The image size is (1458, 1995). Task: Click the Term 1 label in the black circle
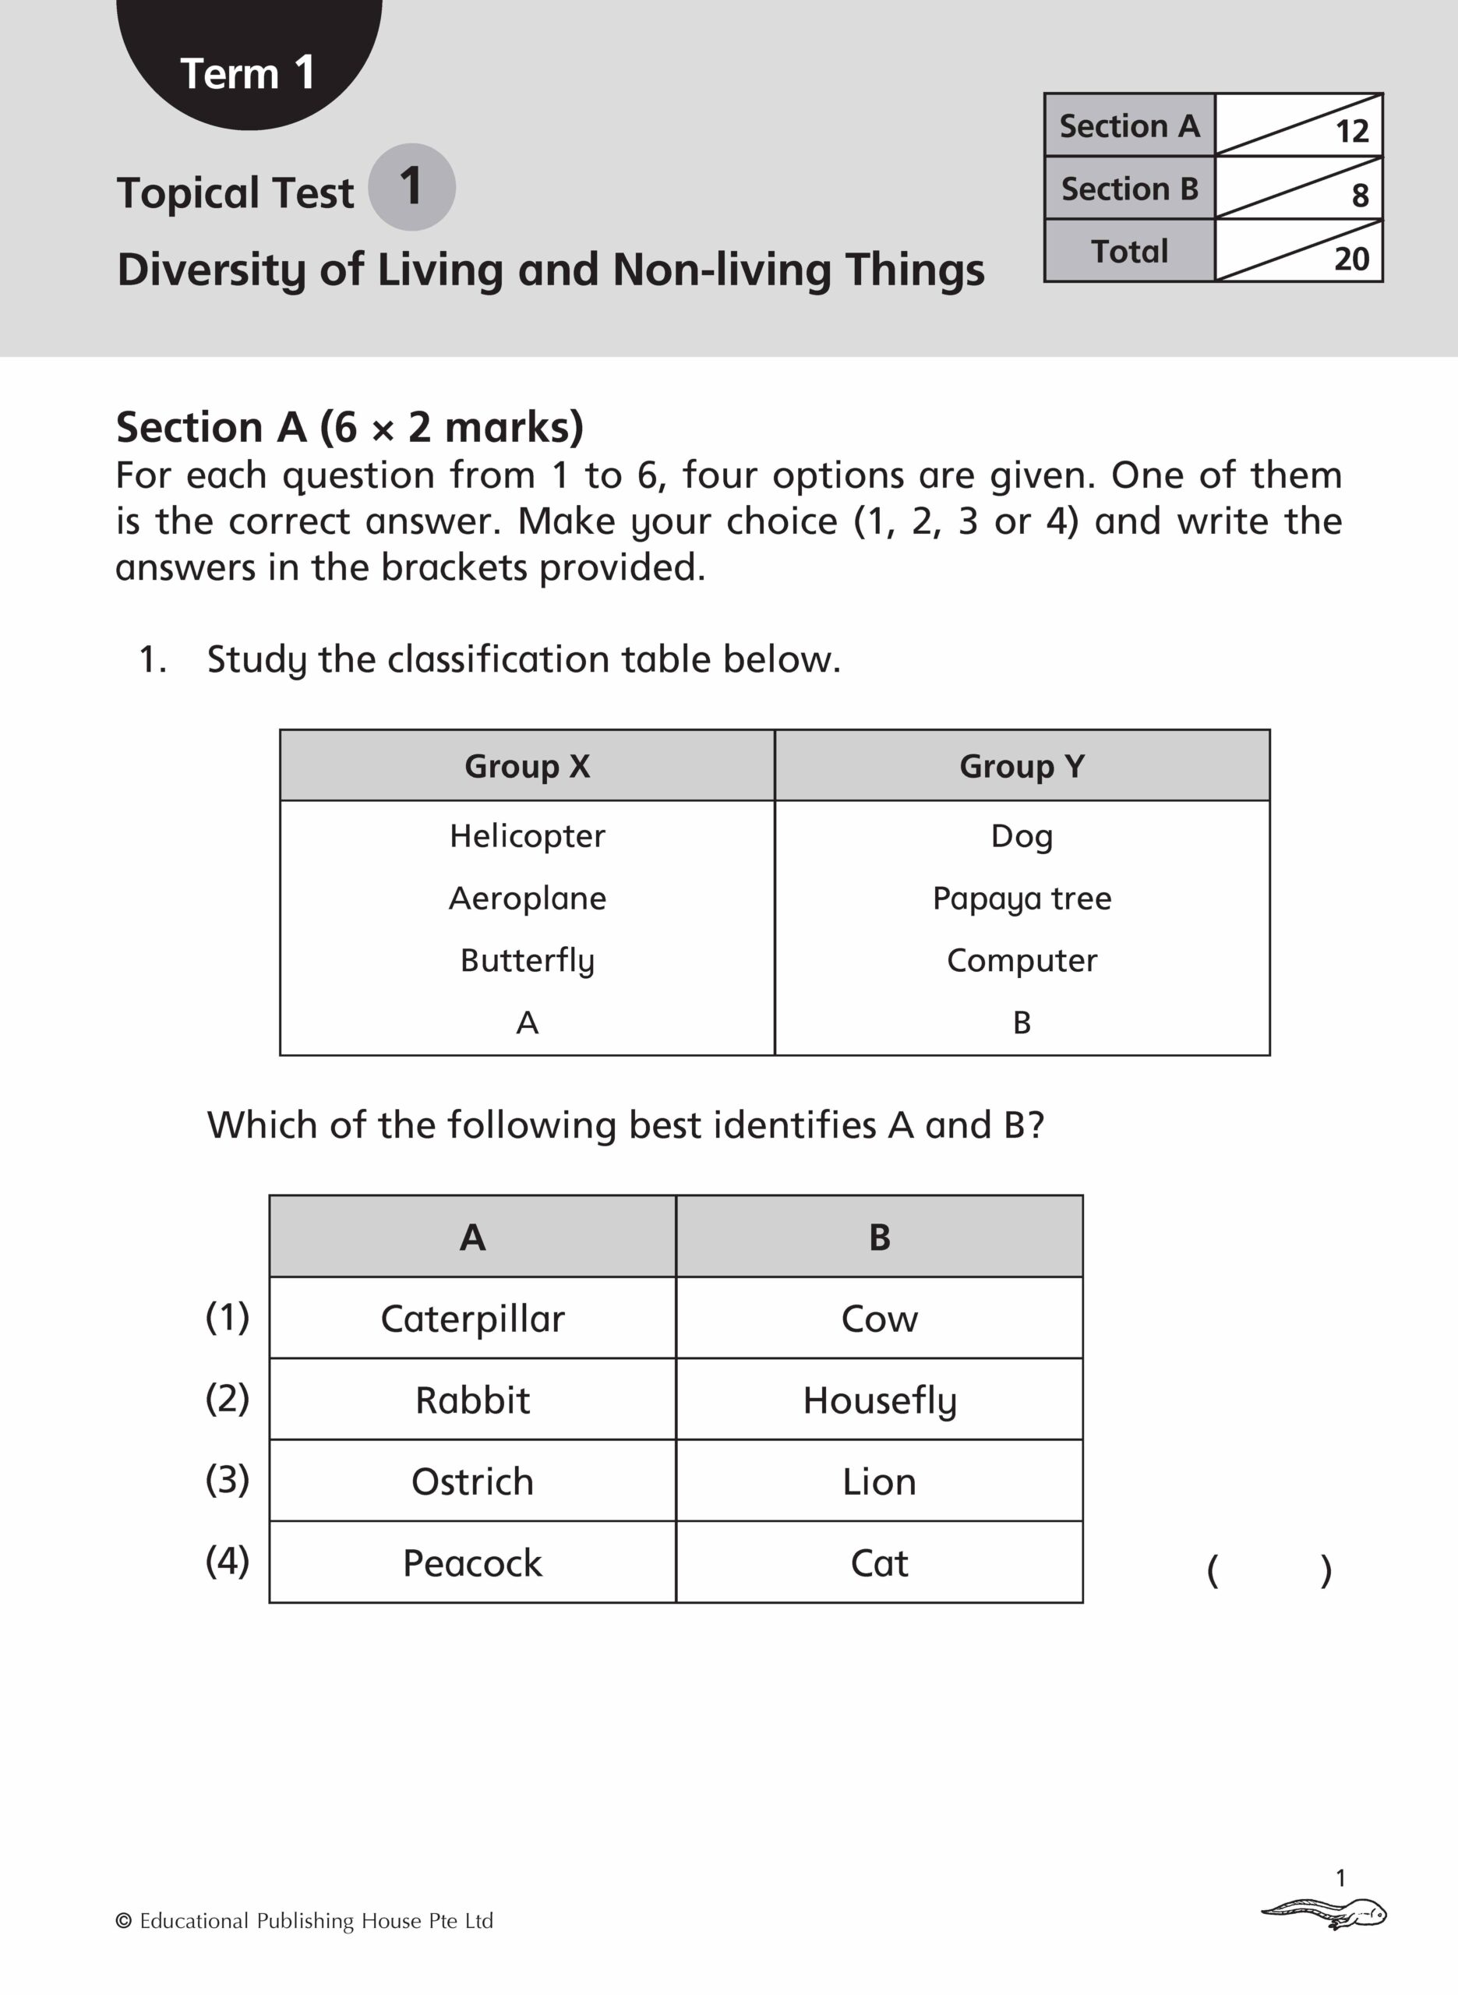[x=247, y=73]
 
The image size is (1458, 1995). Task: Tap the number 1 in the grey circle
[x=411, y=186]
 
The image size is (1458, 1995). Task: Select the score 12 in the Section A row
[x=1351, y=132]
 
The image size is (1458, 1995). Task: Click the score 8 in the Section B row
[x=1360, y=195]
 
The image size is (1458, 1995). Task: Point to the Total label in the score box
[x=1129, y=252]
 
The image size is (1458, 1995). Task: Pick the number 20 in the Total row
[x=1351, y=260]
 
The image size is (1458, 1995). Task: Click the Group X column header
[x=527, y=766]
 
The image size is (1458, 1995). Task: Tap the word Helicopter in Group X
[x=527, y=835]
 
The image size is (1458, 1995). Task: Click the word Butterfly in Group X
[x=527, y=961]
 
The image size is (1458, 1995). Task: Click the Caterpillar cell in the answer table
[x=472, y=1319]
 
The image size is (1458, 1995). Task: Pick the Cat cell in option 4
[x=879, y=1563]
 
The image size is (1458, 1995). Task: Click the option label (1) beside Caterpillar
[x=227, y=1317]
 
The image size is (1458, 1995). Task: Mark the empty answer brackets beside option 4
[x=1268, y=1570]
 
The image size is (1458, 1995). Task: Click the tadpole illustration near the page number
[x=1324, y=1914]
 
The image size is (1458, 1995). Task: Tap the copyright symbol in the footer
[x=124, y=1921]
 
